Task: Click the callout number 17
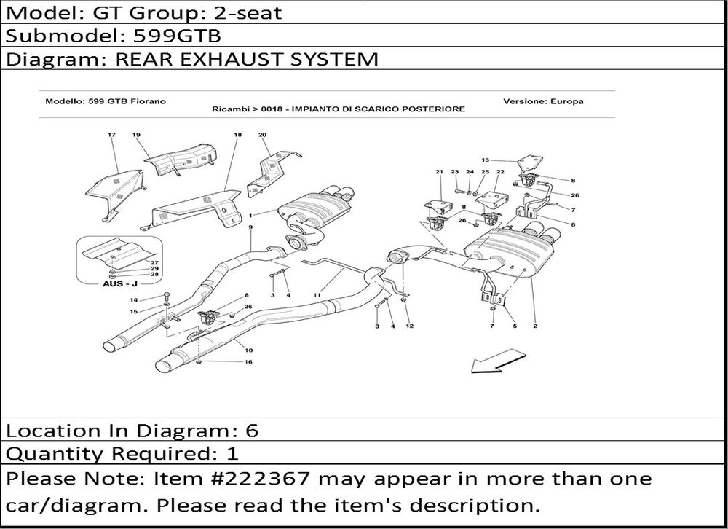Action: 111,136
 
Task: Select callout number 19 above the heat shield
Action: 136,136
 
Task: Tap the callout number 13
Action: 485,160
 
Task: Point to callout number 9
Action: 250,227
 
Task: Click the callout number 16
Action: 248,361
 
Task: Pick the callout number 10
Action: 248,350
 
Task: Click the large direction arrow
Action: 498,361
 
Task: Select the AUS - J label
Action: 120,283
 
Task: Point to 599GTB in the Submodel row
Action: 177,36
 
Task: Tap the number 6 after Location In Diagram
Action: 252,431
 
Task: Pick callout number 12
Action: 409,326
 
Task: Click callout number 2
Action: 535,326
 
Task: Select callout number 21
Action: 439,171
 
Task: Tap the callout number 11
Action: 317,294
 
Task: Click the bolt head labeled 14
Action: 167,295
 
